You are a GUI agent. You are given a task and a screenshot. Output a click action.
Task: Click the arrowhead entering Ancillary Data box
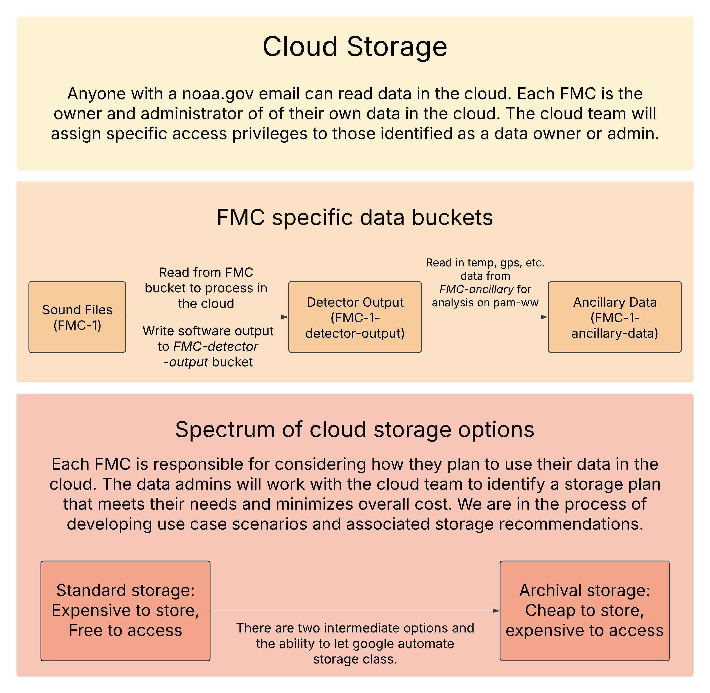coord(545,317)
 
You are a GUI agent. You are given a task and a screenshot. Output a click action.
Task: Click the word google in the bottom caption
coord(373,643)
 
